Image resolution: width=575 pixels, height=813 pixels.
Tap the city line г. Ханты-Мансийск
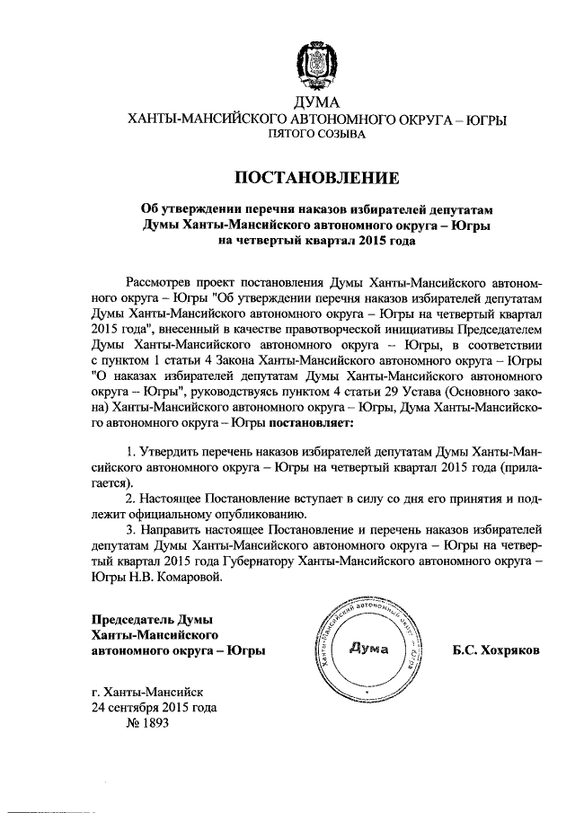click(147, 691)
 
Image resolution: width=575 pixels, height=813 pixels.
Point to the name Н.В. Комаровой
click(171, 578)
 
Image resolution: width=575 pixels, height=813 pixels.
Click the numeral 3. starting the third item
click(131, 529)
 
